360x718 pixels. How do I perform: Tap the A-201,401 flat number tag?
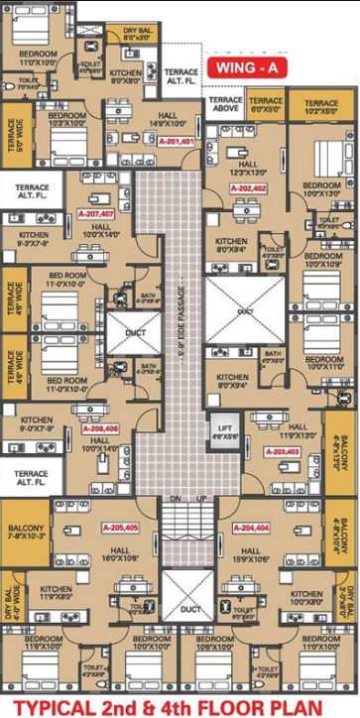175,143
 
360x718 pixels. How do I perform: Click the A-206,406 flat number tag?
100,428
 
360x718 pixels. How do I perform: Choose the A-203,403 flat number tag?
283,451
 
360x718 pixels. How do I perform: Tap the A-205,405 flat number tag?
119,528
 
